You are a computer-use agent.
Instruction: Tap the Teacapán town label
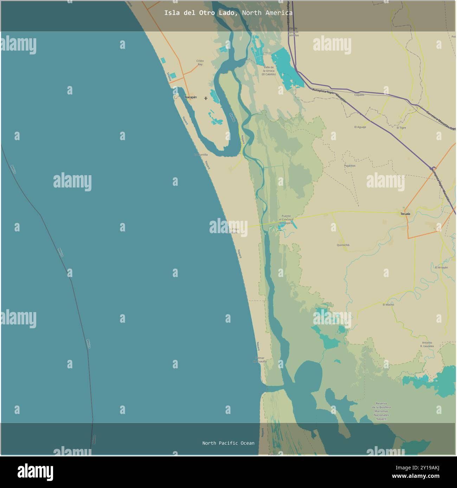click(x=191, y=97)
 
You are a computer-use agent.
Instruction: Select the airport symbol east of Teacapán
click(x=206, y=98)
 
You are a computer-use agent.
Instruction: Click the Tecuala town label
click(x=405, y=213)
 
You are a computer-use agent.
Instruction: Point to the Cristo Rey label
click(x=200, y=62)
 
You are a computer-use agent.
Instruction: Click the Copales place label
click(x=359, y=95)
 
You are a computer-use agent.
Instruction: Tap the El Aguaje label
click(x=360, y=127)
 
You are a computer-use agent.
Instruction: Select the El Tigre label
click(x=401, y=128)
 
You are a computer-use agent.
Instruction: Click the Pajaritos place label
click(x=349, y=165)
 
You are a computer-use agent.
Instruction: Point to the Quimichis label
click(x=343, y=245)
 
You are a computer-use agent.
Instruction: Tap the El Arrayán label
click(x=441, y=268)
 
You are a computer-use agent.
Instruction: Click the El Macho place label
click(x=388, y=305)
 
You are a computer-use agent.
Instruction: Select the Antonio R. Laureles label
click(x=427, y=344)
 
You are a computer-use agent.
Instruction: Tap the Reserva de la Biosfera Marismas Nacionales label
click(x=381, y=411)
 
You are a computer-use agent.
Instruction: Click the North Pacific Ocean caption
click(x=228, y=443)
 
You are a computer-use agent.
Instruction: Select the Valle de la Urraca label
click(x=269, y=71)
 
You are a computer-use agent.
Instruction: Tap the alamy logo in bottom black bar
click(x=36, y=472)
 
